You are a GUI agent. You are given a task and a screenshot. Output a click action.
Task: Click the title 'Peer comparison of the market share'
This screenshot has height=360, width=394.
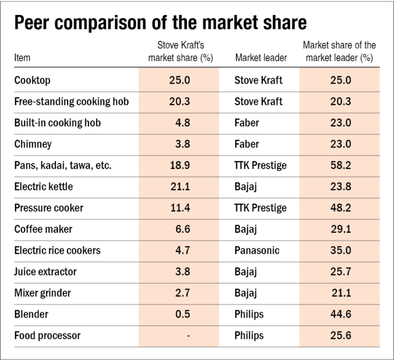click(160, 23)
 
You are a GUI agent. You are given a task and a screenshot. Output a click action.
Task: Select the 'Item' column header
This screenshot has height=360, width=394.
click(22, 58)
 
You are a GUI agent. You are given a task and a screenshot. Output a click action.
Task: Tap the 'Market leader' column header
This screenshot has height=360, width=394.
click(261, 58)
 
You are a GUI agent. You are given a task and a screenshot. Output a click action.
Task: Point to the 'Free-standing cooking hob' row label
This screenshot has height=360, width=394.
click(71, 101)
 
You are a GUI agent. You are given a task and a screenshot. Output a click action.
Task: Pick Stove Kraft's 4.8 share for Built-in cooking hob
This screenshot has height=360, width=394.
click(183, 123)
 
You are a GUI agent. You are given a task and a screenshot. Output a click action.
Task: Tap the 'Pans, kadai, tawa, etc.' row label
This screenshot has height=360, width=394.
click(63, 165)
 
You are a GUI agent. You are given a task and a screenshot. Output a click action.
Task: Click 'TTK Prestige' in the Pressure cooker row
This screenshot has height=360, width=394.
click(261, 208)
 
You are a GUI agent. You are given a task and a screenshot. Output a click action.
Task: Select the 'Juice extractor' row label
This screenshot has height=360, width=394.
click(45, 272)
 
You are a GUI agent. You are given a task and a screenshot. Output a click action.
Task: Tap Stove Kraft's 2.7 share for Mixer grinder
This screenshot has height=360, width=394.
click(183, 293)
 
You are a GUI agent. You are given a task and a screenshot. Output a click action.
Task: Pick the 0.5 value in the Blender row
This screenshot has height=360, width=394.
click(183, 315)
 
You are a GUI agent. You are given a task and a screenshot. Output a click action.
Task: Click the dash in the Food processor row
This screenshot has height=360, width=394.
click(188, 336)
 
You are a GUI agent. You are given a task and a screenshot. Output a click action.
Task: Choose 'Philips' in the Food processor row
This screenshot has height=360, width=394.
click(250, 336)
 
